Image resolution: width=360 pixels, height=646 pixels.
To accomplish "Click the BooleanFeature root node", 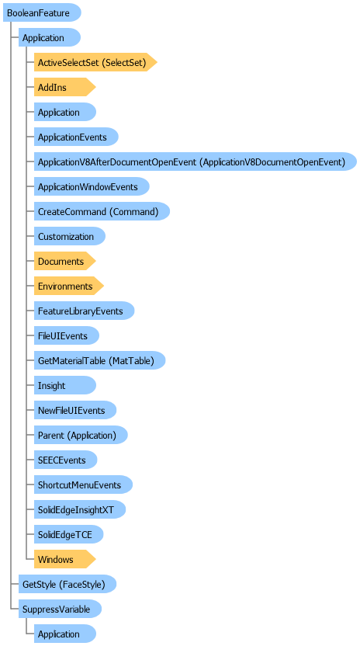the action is [42, 12].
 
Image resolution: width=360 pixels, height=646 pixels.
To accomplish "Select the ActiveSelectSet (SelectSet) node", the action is [95, 62].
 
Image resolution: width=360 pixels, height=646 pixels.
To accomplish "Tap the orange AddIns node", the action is [64, 87].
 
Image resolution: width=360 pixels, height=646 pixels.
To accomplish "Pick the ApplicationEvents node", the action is [76, 137].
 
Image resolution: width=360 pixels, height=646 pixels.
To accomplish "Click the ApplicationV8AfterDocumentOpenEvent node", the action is [196, 161].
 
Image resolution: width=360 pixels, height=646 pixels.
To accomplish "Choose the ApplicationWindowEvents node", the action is [92, 186].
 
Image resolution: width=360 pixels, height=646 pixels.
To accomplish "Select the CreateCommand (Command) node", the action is [102, 211].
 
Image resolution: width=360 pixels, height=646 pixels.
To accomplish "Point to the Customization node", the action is [70, 237].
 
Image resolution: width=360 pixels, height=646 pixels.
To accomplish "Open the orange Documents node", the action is [64, 261].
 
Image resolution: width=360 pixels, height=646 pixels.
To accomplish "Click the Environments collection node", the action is [69, 286].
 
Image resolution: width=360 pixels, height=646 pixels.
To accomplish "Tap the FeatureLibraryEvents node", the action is [84, 311].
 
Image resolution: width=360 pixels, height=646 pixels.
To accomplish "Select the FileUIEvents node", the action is [66, 335].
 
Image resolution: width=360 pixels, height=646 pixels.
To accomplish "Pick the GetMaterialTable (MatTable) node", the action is [99, 360].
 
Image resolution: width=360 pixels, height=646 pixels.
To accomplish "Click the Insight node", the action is [64, 386].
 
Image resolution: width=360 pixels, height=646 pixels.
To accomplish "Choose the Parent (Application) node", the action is [81, 435].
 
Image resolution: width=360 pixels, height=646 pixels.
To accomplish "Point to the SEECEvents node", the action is [65, 460].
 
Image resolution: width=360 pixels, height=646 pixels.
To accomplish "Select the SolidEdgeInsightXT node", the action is [79, 509].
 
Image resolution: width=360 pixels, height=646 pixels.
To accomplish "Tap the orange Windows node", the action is [64, 560].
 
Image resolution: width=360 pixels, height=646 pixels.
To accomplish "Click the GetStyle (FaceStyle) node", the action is [67, 584].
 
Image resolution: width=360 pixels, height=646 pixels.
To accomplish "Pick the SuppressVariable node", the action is [61, 609].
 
